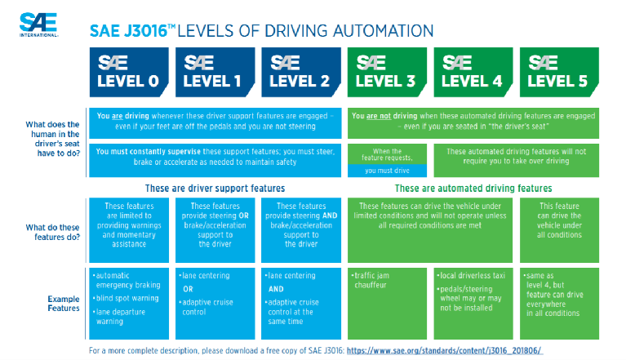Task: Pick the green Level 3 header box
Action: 388,72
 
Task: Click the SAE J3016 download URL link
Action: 444,350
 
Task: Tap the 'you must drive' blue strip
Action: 387,171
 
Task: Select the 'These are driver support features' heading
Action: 214,189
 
